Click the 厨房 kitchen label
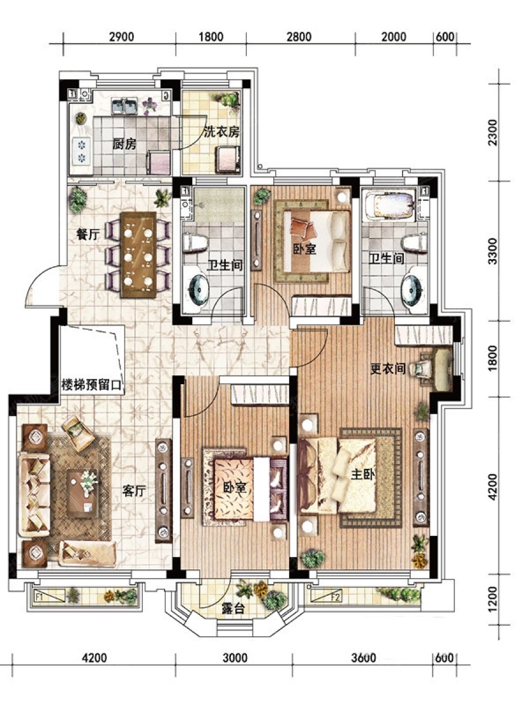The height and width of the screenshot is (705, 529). tap(124, 144)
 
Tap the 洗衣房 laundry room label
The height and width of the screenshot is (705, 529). tap(222, 132)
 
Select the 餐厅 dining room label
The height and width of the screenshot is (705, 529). tap(88, 234)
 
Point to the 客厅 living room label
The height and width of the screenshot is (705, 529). tap(134, 491)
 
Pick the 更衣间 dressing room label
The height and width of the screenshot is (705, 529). tap(388, 369)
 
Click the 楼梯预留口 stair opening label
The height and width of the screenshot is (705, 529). tap(92, 384)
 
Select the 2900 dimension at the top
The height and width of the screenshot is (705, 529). tap(122, 37)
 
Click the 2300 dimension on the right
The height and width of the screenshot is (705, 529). tap(492, 133)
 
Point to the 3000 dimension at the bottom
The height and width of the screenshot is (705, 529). tap(236, 658)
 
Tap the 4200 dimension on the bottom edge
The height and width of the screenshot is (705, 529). tap(95, 658)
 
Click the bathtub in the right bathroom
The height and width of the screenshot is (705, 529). tap(389, 206)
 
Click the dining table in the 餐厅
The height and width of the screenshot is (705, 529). tap(139, 255)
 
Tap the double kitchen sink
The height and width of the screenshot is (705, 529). tap(124, 106)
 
